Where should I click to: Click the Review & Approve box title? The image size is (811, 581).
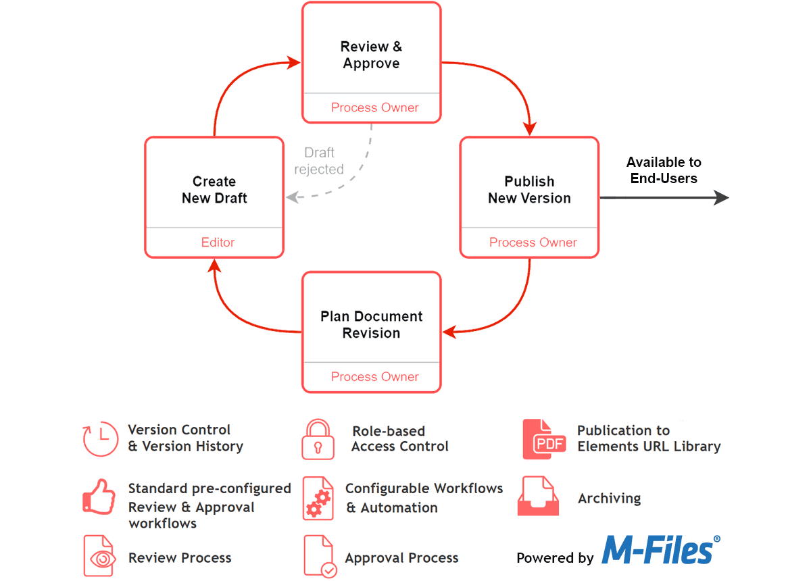click(x=371, y=55)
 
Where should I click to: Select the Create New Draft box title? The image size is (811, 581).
click(x=214, y=190)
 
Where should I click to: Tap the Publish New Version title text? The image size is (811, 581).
click(x=529, y=190)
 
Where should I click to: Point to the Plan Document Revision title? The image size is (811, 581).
click(x=371, y=324)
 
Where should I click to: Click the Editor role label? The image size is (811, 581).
click(x=218, y=242)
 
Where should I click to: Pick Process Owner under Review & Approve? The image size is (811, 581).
click(x=374, y=107)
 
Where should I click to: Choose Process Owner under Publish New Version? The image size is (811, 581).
click(x=533, y=242)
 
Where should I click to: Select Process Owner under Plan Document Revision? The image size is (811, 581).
click(x=374, y=376)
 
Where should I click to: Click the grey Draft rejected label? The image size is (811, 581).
click(x=319, y=161)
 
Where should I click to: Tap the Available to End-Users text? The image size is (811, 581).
click(x=664, y=170)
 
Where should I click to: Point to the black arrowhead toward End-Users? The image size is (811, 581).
click(x=722, y=197)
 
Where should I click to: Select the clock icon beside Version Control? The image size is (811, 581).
click(x=100, y=439)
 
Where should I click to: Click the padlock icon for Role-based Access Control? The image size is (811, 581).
click(x=318, y=440)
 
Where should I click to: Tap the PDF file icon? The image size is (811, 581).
click(x=543, y=440)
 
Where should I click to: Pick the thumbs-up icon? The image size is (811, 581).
click(x=98, y=497)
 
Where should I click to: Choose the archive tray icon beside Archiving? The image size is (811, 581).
click(x=538, y=497)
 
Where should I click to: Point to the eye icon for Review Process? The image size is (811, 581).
click(x=99, y=557)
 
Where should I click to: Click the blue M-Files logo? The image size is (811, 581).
click(x=660, y=550)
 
